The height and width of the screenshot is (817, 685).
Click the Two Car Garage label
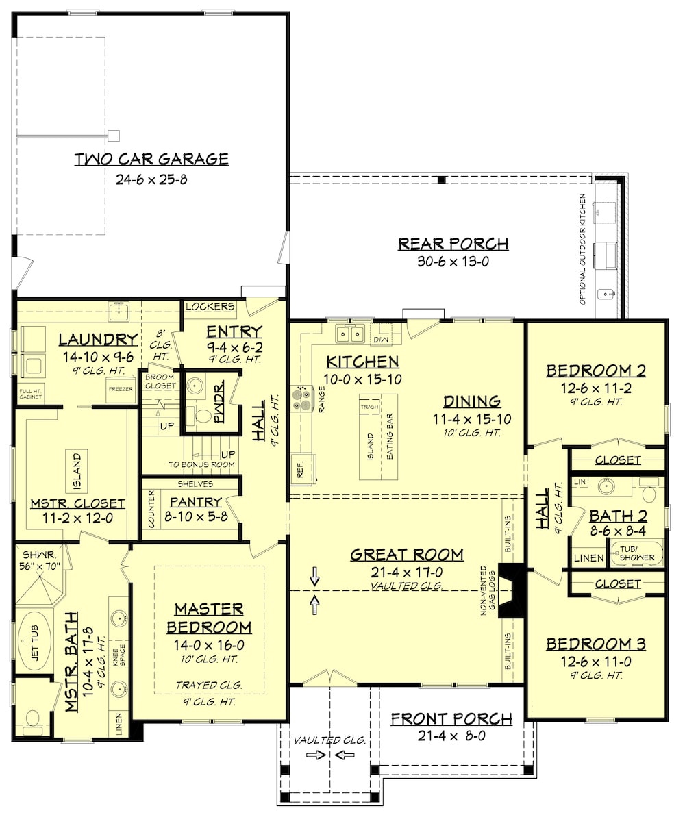pos(151,160)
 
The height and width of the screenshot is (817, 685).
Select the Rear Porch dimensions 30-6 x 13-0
pos(453,261)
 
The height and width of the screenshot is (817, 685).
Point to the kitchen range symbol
pos(301,399)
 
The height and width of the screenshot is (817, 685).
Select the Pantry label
pos(196,501)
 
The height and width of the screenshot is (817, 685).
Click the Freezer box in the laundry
pos(121,389)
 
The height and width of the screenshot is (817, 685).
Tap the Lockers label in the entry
pos(210,307)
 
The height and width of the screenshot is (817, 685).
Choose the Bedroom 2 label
pos(596,370)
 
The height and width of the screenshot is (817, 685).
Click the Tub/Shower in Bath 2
pos(637,553)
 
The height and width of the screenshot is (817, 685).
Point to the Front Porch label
pos(451,719)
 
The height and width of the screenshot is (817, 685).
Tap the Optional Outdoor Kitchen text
pos(582,249)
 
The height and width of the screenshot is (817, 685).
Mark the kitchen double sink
pos(350,334)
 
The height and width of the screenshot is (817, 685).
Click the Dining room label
pos(472,402)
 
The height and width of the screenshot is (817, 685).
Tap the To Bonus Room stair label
pos(201,464)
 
